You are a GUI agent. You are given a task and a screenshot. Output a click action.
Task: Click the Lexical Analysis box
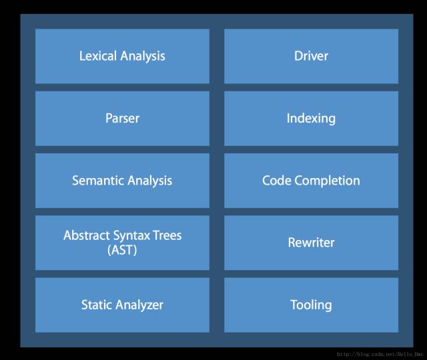tap(122, 56)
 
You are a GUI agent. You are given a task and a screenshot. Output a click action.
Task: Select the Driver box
tap(312, 56)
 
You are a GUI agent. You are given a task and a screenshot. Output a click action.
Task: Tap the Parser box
tap(122, 119)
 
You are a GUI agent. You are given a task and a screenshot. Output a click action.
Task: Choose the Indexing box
tap(312, 119)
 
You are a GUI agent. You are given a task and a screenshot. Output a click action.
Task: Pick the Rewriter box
tap(312, 243)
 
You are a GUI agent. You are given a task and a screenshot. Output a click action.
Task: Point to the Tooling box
tap(312, 305)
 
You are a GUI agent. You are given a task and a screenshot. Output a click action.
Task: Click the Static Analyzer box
tap(122, 305)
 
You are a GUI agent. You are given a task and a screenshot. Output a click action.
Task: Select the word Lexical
tap(98, 56)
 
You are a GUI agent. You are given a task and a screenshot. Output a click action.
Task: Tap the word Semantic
tap(97, 181)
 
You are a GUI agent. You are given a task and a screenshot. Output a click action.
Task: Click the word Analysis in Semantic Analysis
tap(149, 181)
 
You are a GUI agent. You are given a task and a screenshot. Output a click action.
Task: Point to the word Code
tap(276, 181)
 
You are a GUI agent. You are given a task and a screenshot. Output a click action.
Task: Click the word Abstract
tap(86, 235)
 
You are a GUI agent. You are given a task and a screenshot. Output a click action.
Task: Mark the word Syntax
tap(131, 236)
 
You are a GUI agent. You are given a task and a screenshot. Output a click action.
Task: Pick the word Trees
tap(167, 235)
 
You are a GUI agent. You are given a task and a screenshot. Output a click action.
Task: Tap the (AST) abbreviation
tap(122, 250)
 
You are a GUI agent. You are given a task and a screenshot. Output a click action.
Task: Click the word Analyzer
tap(139, 305)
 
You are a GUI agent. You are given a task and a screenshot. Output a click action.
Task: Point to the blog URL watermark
tap(380, 354)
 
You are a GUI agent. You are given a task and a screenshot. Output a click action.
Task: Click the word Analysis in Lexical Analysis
tap(143, 56)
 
